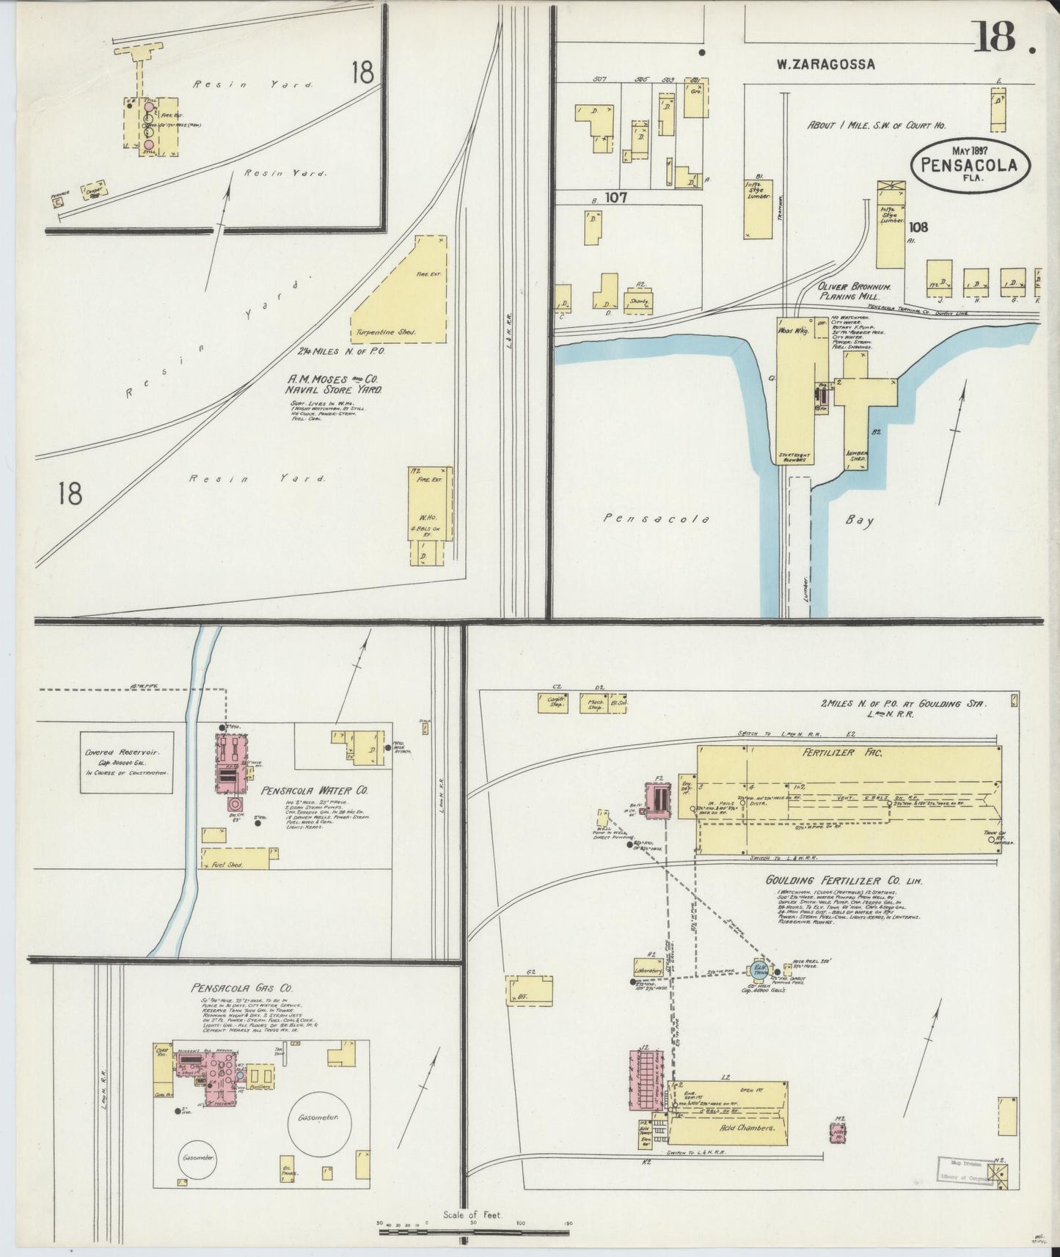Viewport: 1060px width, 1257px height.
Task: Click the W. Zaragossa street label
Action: tap(826, 64)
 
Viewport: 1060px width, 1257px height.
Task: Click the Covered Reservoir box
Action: tap(126, 761)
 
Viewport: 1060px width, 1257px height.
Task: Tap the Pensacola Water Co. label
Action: tap(315, 791)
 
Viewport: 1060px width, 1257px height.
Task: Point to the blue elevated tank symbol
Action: tap(758, 970)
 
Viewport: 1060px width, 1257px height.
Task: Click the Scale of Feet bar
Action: tap(475, 1231)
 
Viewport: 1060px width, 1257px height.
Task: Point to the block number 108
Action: tap(917, 227)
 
